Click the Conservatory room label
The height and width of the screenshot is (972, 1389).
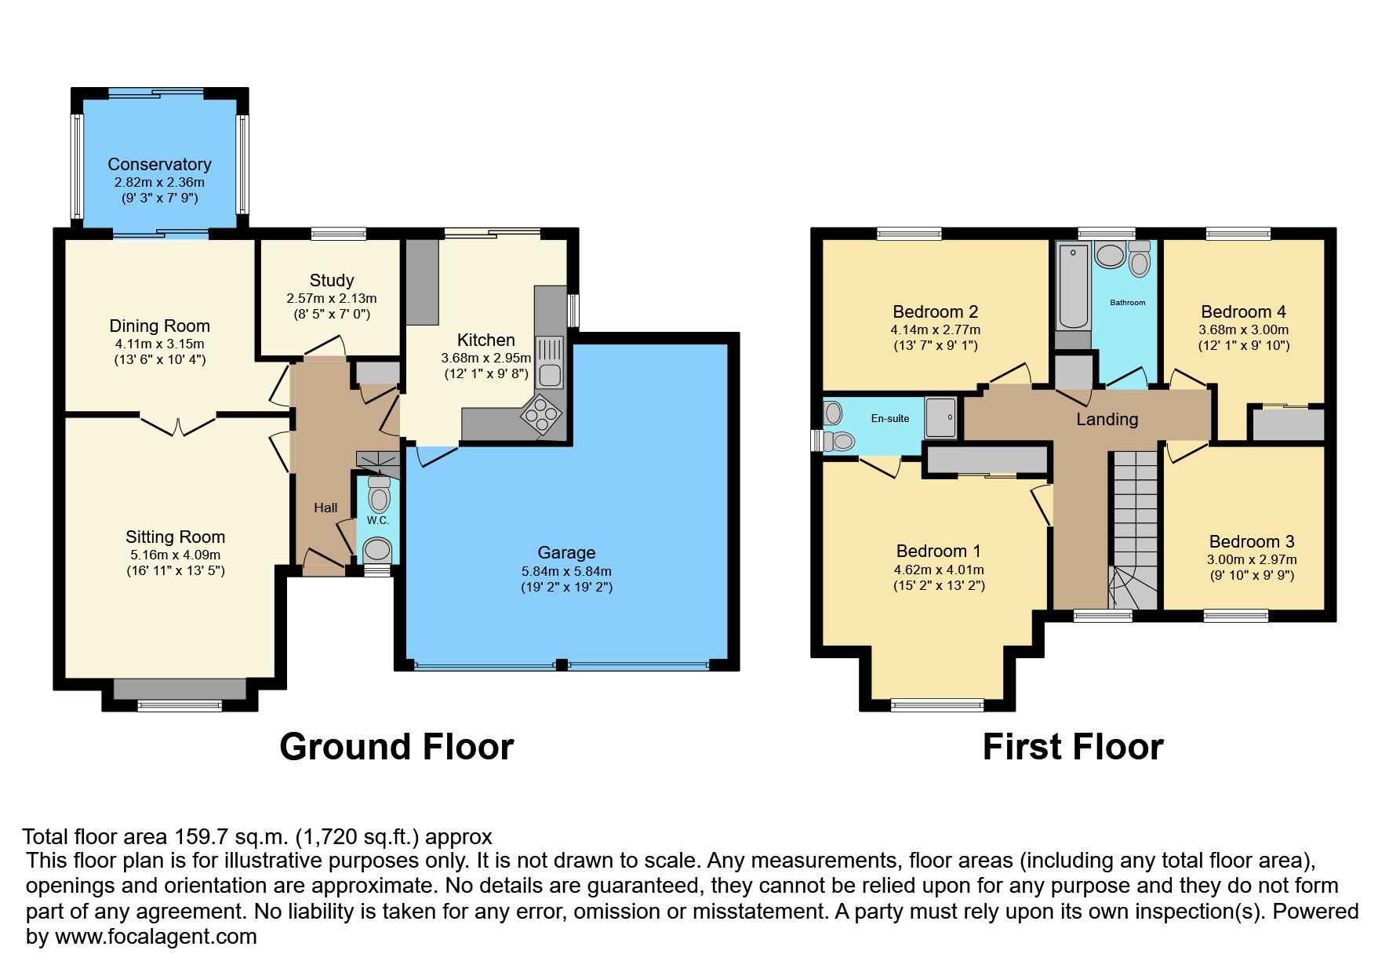pos(159,165)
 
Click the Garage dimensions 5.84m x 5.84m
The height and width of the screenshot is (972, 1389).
pos(566,571)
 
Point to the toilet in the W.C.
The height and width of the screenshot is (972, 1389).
pos(379,496)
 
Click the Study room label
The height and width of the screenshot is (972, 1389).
pos(332,281)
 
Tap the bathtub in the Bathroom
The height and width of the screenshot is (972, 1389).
pos(1073,286)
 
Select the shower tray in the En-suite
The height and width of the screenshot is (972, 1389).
pos(940,417)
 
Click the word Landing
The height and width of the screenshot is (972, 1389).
pos(1107,420)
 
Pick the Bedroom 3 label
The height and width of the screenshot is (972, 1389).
pos(1251,542)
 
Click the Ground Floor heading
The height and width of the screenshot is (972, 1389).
pos(396,747)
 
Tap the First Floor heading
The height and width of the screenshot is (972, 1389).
pos(1072,747)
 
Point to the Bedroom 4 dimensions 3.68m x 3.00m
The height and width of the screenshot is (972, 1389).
pos(1243,330)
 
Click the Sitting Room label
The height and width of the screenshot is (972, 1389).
pos(175,537)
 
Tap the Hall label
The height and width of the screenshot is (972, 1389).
pos(325,508)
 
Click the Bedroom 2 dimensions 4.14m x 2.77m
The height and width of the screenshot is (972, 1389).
pos(935,330)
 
